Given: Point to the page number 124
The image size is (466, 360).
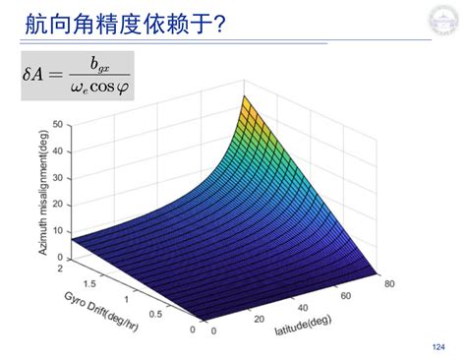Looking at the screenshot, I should click(437, 345).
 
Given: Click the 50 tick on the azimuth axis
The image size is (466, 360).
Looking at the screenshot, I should click(58, 125).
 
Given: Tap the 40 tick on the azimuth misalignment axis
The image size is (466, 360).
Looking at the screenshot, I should click(58, 149).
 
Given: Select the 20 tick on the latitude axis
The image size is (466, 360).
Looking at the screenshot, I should click(259, 321).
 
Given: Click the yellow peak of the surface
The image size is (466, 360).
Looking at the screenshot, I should click(248, 103).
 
